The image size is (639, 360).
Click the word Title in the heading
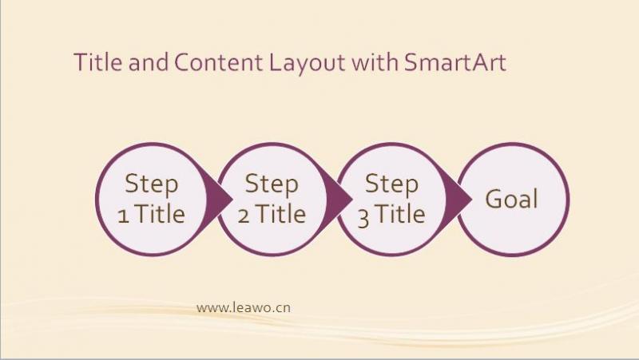pyautogui.click(x=97, y=62)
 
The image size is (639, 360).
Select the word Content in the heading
pyautogui.click(x=218, y=62)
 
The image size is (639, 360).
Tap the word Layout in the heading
pyautogui.click(x=307, y=64)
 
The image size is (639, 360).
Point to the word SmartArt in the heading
pyautogui.click(x=455, y=62)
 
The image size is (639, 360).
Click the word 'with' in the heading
pyautogui.click(x=375, y=62)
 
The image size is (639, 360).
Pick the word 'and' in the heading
pyautogui.click(x=148, y=62)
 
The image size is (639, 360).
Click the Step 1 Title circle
pyautogui.click(x=152, y=199)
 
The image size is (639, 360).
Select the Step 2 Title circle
pyautogui.click(x=272, y=199)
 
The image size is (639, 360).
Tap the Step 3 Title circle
pyautogui.click(x=391, y=199)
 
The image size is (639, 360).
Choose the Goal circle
pyautogui.click(x=512, y=199)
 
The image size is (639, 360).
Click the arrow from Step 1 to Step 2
pyautogui.click(x=219, y=199)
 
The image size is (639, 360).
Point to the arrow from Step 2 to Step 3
pyautogui.click(x=339, y=199)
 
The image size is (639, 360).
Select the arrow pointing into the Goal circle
pyautogui.click(x=458, y=199)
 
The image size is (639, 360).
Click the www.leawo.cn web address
pyautogui.click(x=244, y=307)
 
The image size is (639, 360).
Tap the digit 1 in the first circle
pyautogui.click(x=124, y=216)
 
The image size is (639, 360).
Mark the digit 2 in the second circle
pyautogui.click(x=244, y=216)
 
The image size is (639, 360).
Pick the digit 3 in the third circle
pyautogui.click(x=363, y=218)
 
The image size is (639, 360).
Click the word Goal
pyautogui.click(x=511, y=199)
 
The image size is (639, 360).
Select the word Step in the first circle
pyautogui.click(x=152, y=185)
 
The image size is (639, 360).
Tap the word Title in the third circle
pyautogui.click(x=400, y=214)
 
